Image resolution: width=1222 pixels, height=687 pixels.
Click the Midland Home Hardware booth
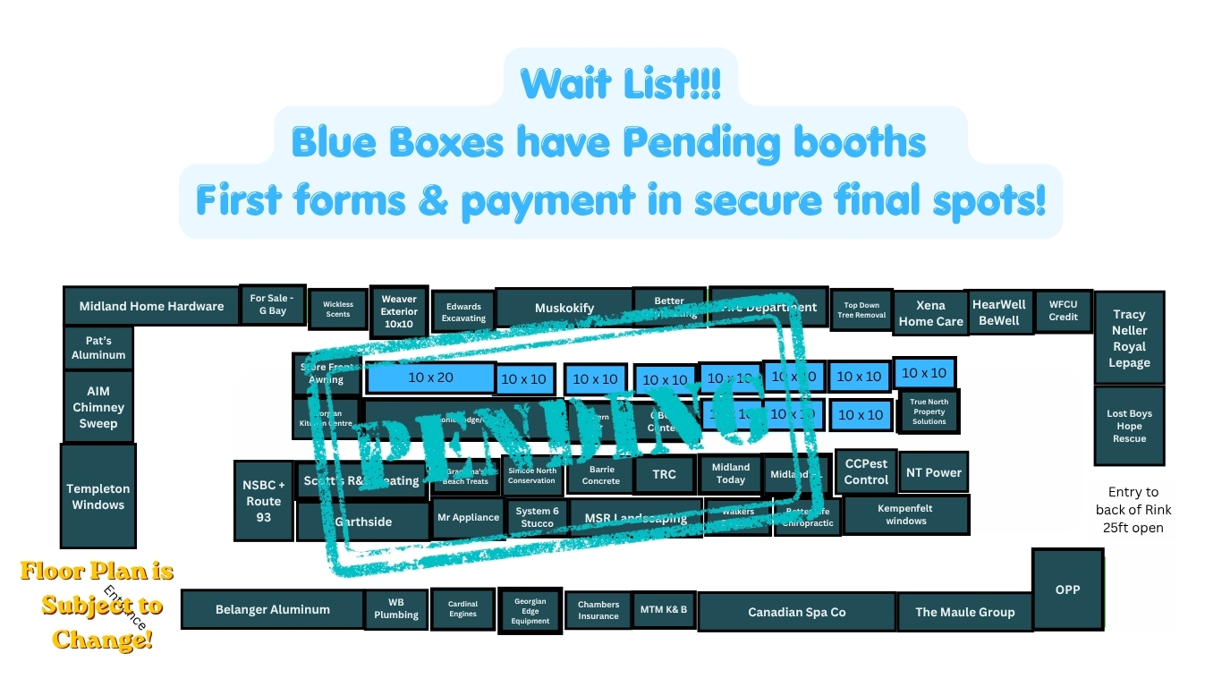point(151,306)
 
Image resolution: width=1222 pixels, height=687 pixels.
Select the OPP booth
point(1067,589)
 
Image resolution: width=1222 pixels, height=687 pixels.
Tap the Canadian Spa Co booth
point(796,612)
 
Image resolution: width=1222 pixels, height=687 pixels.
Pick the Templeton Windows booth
point(98,496)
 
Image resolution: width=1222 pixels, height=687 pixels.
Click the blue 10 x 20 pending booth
point(430,377)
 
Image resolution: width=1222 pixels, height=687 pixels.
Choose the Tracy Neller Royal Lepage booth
point(1129,339)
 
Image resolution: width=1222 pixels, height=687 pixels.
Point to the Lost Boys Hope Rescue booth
point(1129,426)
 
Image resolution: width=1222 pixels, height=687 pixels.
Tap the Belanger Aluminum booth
point(272,609)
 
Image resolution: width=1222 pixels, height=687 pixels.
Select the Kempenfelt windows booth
point(905,514)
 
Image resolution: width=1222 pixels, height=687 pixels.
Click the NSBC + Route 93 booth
point(263,501)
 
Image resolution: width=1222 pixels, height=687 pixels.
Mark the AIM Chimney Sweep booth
point(98,407)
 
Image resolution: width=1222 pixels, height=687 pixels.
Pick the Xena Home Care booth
point(930,314)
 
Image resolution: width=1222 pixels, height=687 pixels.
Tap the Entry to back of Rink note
point(1133,510)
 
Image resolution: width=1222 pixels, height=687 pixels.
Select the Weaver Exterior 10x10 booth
point(399,311)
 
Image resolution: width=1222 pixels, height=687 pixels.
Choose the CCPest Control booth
point(866,471)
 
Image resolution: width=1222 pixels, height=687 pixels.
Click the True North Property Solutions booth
point(929,412)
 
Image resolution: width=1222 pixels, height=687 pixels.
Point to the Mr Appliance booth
point(468,517)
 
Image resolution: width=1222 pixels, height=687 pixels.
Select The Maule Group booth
point(964,612)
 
